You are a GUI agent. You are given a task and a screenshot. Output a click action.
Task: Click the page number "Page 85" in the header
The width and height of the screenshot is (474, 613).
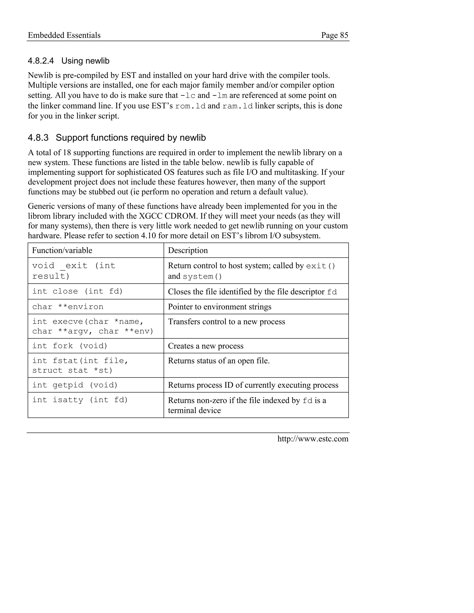pyautogui.click(x=334, y=35)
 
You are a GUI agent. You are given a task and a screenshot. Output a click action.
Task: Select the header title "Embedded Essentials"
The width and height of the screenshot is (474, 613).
pyautogui.click(x=64, y=35)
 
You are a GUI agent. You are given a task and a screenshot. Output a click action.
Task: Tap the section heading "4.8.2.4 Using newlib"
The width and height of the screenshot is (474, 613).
pyautogui.click(x=69, y=61)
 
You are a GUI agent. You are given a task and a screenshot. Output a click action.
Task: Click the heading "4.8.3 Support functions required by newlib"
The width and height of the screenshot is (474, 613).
pyautogui.click(x=117, y=138)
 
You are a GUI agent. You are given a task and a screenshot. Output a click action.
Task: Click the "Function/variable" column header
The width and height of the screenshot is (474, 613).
pyautogui.click(x=62, y=250)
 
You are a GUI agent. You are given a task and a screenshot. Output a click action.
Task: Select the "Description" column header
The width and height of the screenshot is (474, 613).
pyautogui.click(x=188, y=250)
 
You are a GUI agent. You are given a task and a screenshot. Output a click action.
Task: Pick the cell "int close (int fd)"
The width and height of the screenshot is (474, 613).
pyautogui.click(x=78, y=291)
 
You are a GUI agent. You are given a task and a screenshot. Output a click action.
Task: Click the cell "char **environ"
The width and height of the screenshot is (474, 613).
pyautogui.click(x=68, y=307)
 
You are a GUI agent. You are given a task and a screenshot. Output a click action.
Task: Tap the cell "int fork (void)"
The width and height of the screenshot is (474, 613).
pyautogui.click(x=70, y=346)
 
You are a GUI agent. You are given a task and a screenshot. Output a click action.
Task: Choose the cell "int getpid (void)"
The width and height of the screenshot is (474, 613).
pyautogui.click(x=75, y=385)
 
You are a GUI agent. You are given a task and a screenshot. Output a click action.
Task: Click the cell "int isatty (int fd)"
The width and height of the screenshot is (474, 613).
pyautogui.click(x=80, y=400)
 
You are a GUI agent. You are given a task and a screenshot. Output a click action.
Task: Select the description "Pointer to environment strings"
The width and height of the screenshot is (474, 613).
pyautogui.click(x=220, y=307)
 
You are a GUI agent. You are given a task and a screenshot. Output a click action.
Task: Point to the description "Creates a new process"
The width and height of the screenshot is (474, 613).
pyautogui.click(x=206, y=346)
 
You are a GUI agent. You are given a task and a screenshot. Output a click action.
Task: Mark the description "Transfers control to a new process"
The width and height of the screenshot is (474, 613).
pyautogui.click(x=226, y=322)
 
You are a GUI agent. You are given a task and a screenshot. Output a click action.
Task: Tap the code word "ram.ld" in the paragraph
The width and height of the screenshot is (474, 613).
pyautogui.click(x=237, y=106)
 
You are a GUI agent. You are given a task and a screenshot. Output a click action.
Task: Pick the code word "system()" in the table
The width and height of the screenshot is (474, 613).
pyautogui.click(x=202, y=277)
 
